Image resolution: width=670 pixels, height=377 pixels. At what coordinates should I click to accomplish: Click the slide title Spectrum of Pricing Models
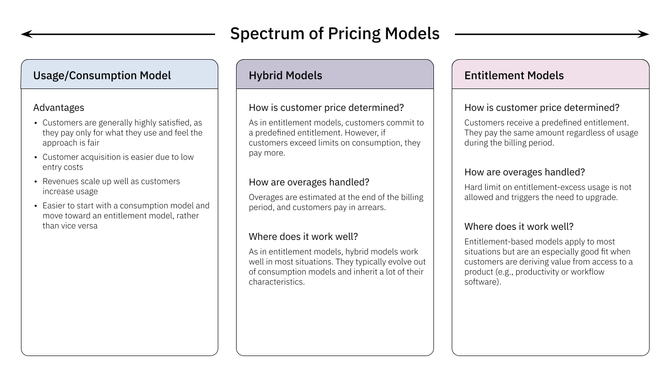pos(334,34)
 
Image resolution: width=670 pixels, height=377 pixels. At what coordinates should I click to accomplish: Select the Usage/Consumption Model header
pos(102,75)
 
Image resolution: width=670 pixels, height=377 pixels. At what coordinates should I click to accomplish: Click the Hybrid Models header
pos(285,75)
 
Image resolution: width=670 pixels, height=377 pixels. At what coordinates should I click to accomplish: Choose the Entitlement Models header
pos(513,75)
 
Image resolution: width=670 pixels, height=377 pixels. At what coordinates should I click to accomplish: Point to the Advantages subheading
pos(59,107)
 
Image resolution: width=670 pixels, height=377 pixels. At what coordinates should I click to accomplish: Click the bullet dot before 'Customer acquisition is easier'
pos(36,157)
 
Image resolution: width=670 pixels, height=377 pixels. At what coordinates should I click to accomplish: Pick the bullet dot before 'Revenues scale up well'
pos(36,181)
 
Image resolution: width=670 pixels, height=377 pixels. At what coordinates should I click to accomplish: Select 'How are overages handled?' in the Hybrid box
pos(309,182)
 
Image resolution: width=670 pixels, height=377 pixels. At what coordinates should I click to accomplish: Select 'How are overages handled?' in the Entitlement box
pos(524,172)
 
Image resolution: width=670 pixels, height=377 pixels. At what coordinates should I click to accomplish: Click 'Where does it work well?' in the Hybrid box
pos(303,237)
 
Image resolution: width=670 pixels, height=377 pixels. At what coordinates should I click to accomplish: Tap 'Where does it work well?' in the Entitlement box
pos(519,226)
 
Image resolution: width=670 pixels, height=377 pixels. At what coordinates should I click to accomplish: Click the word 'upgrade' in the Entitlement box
pos(602,197)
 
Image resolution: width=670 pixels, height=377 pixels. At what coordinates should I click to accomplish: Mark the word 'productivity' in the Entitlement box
pos(558,272)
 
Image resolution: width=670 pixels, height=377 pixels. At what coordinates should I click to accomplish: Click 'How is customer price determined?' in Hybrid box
pos(326,107)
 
